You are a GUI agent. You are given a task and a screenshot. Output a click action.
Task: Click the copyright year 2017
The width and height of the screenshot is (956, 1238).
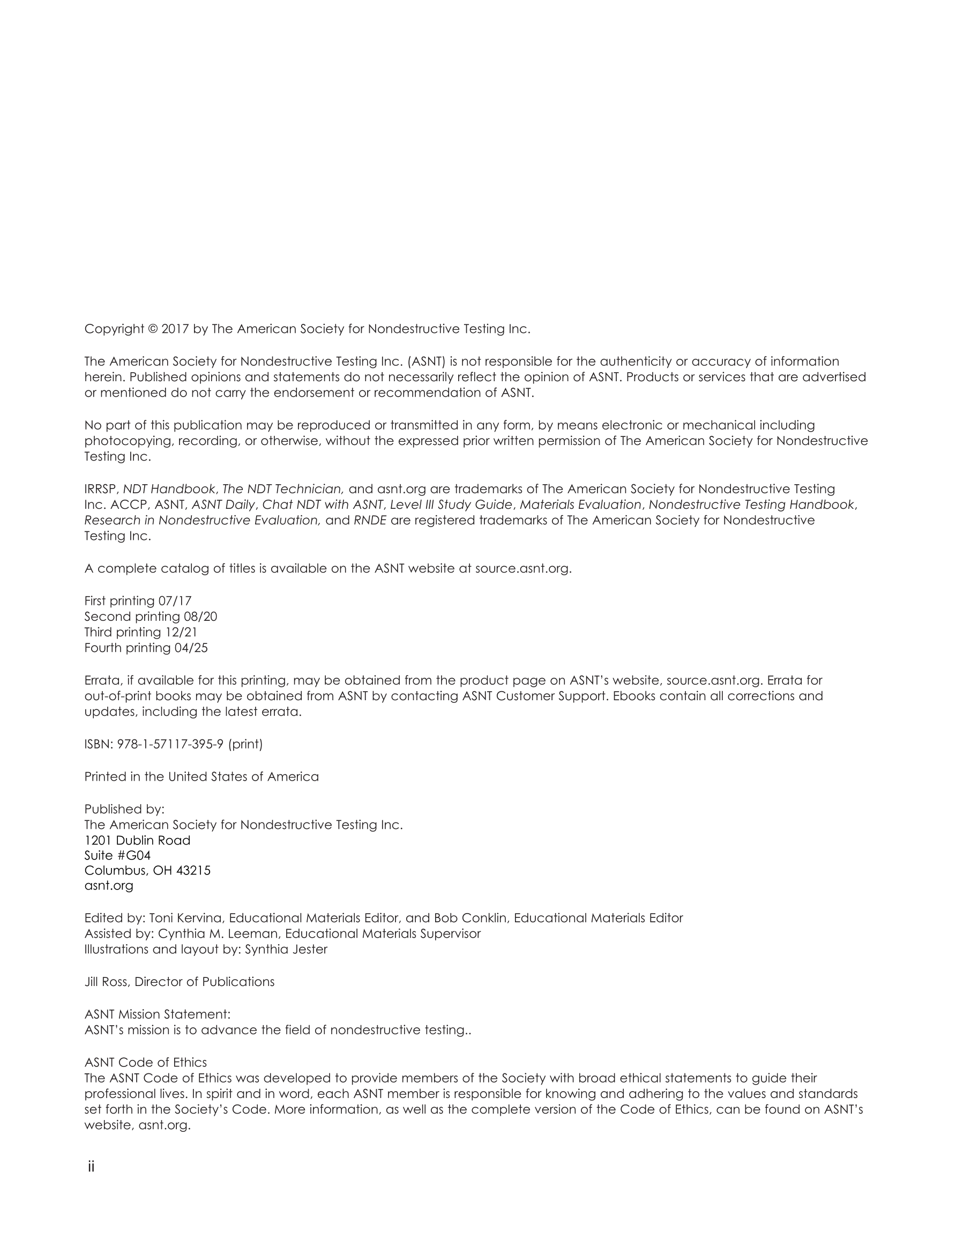pos(175,329)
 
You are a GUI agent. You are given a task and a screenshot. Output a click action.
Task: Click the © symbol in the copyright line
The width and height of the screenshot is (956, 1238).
pos(153,329)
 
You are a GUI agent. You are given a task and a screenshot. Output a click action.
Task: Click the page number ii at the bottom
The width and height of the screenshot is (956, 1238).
pos(91,1167)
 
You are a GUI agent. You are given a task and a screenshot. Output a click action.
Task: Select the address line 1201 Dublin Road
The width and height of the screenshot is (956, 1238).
pos(137,841)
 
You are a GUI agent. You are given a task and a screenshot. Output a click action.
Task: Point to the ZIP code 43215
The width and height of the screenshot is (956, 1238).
pos(193,871)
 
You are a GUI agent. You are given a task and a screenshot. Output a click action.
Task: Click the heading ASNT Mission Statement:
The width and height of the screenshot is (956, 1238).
pos(157,1014)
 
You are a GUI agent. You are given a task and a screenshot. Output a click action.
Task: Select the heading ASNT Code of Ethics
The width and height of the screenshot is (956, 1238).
pos(146,1062)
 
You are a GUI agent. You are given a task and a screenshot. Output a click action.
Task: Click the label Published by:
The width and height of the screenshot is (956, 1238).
pos(124,810)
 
